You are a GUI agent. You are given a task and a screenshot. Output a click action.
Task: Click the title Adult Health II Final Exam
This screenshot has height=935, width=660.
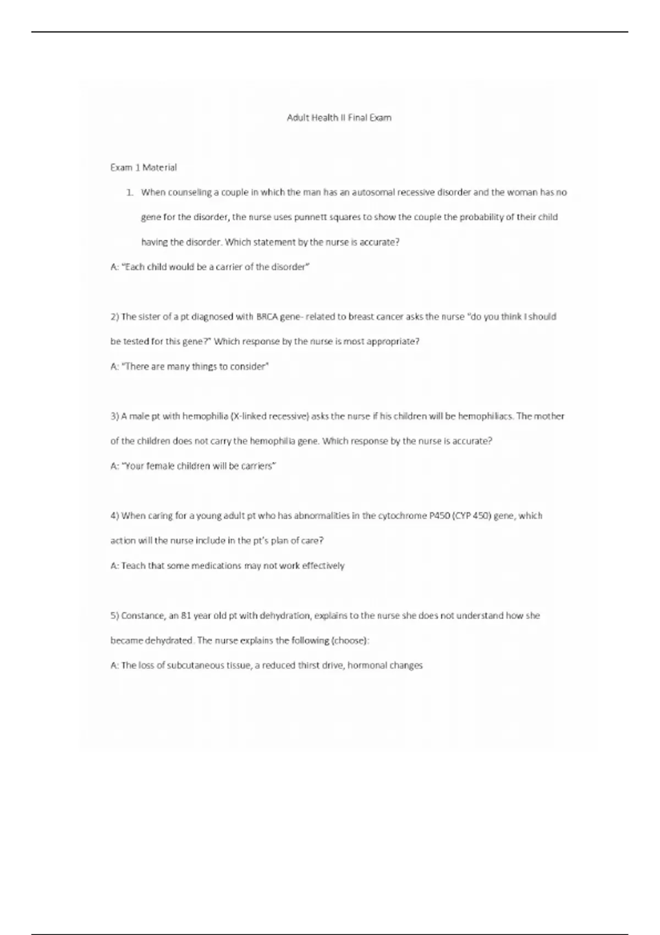339,118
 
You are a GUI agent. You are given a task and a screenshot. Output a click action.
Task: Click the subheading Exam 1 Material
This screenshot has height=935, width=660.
144,167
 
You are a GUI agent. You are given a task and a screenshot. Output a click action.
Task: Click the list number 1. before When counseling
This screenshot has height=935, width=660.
130,193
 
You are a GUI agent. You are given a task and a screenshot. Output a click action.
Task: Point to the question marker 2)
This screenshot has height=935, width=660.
114,317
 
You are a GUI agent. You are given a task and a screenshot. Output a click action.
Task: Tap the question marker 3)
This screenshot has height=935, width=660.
114,416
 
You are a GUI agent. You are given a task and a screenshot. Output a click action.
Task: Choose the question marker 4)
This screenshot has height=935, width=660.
114,516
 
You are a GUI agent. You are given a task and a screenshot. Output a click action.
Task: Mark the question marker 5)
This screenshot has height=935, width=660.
114,615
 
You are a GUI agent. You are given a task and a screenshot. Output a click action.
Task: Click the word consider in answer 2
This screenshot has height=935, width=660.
249,367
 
